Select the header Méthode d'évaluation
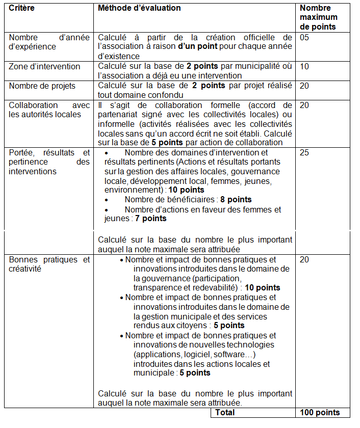coord(139,8)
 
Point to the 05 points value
coord(304,38)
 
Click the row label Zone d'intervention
coord(44,66)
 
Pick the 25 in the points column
coord(304,152)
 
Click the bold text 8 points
coord(236,200)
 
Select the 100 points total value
coord(319,413)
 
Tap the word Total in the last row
coord(225,413)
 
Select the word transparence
coord(155,288)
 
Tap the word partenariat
coord(118,114)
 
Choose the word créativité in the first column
coord(25,269)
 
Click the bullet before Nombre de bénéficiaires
coord(106,200)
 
